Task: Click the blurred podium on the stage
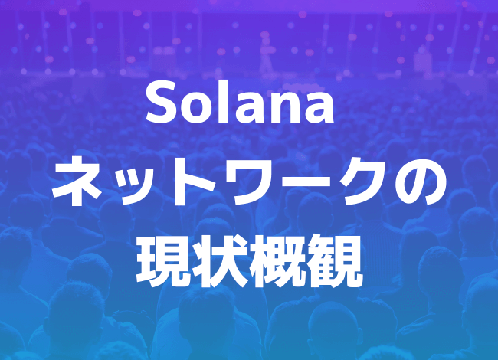tap(422, 62)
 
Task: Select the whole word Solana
tap(240, 103)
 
